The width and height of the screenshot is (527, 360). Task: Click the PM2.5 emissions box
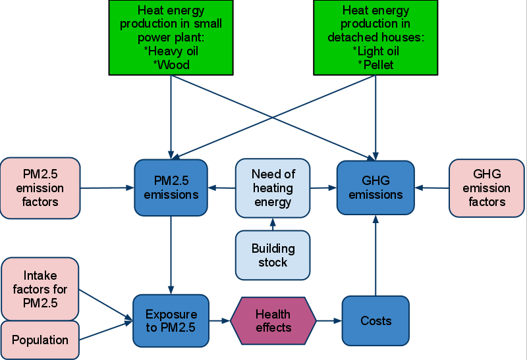pos(171,188)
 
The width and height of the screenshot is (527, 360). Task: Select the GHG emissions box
pos(375,188)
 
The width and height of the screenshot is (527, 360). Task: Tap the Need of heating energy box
pos(273,188)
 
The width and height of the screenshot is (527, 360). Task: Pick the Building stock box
pos(273,255)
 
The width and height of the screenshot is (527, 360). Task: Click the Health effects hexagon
pos(273,321)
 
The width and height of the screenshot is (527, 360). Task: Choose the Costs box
pos(375,321)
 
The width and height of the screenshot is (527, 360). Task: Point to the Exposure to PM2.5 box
pos(171,321)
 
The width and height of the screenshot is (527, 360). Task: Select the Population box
pos(40,340)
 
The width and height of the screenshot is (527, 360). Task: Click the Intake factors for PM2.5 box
pos(40,289)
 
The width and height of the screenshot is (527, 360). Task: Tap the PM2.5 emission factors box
pos(40,188)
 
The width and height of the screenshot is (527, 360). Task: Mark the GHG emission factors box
pos(487,188)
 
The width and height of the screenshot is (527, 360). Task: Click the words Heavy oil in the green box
pos(173,51)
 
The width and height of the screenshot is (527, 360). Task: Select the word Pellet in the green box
pos(378,64)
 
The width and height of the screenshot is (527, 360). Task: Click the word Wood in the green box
pos(173,64)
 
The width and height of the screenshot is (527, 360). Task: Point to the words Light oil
pos(378,51)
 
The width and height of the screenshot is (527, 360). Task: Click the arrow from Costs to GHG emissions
pos(375,255)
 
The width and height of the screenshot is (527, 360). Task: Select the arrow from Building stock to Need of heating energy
pos(273,224)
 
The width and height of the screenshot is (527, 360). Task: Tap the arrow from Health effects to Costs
pos(329,321)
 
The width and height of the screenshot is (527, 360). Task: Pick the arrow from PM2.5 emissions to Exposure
pos(171,255)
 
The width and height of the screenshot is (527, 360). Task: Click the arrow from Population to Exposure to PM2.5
pos(106,330)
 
